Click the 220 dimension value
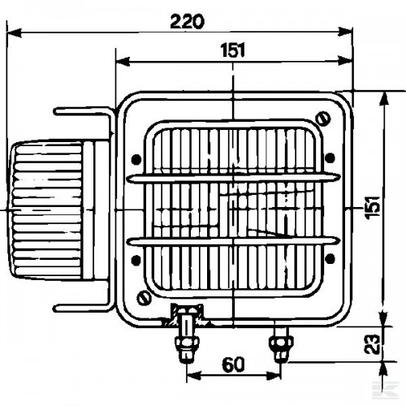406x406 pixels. pos(187,22)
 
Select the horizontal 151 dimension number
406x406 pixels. pos(233,50)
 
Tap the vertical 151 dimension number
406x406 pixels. pos(373,207)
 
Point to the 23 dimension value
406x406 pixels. pos(371,344)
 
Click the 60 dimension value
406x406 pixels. pos(233,365)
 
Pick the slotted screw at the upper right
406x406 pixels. pos(323,119)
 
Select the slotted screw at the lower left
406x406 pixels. pos(144,298)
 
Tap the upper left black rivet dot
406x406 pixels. pos(136,159)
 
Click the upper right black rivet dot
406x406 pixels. pos(330,158)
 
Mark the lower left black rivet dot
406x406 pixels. pos(136,260)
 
